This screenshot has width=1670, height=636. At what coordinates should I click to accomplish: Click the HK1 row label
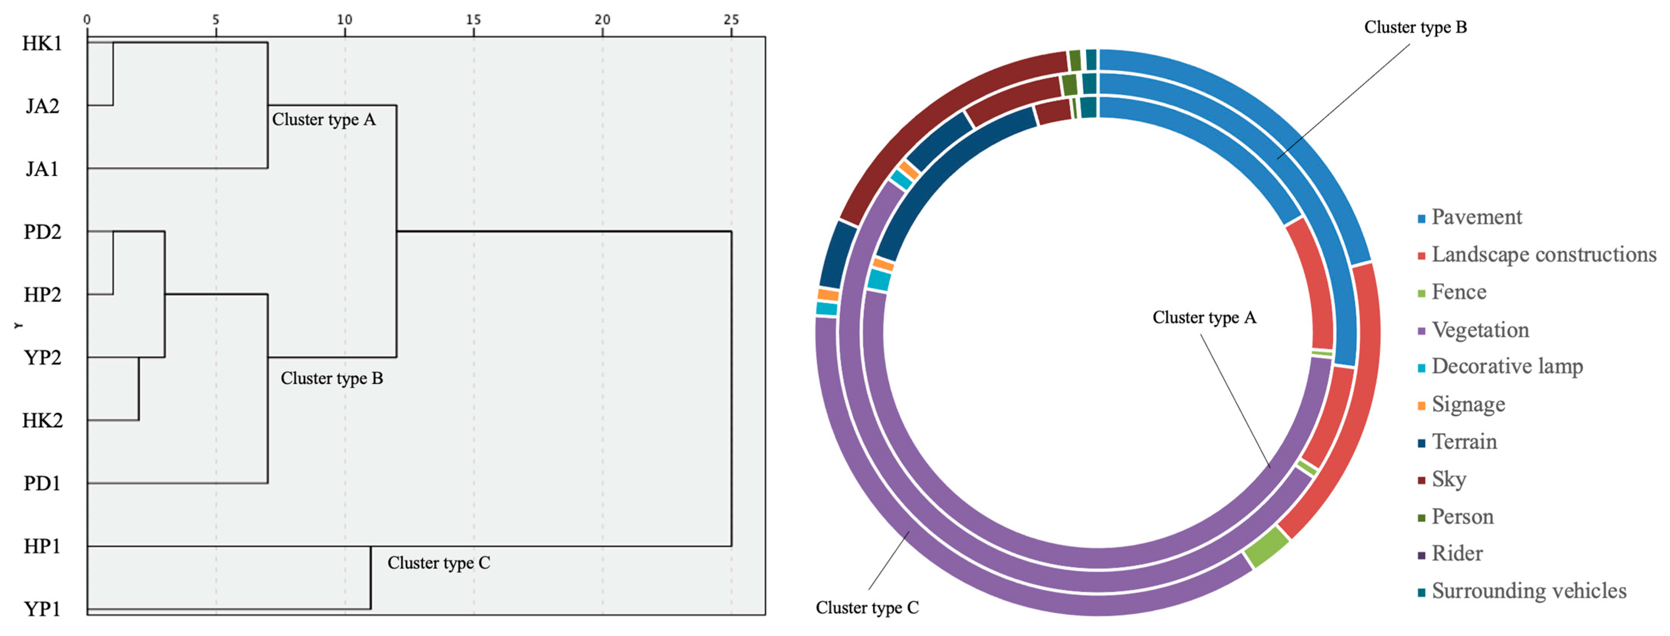42,43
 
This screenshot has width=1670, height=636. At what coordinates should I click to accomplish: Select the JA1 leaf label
42,169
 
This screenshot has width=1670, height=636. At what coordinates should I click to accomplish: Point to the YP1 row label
42,610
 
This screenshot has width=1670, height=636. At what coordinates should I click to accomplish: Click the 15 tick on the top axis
473,19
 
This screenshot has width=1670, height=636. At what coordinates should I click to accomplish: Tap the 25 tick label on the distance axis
731,19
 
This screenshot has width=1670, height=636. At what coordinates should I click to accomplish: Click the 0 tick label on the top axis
87,19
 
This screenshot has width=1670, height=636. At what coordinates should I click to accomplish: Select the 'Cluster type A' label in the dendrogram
324,119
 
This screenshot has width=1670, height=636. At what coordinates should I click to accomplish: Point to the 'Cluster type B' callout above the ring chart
1415,27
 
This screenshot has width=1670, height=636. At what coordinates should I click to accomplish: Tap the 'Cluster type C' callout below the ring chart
867,607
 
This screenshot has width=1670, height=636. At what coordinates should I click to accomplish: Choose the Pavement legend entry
1476,217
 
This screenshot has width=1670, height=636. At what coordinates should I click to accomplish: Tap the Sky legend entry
1448,479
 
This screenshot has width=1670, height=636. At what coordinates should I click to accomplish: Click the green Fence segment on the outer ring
1265,546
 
